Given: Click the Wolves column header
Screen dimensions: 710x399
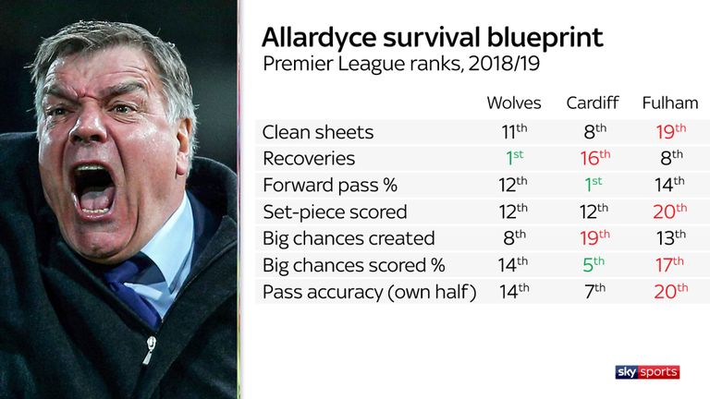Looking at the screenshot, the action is (x=514, y=103).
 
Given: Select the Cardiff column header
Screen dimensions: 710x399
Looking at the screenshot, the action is (x=593, y=103).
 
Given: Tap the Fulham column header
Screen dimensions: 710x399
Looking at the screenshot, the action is (x=670, y=103).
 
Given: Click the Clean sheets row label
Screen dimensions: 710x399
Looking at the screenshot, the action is (x=318, y=133).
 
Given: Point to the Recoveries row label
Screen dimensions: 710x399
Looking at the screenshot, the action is (x=309, y=159).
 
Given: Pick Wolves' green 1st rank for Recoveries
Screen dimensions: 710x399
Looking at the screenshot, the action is (x=515, y=158).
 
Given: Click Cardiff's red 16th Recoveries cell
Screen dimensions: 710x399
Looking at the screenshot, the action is (x=595, y=158).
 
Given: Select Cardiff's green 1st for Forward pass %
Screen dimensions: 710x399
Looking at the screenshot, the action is (x=594, y=184).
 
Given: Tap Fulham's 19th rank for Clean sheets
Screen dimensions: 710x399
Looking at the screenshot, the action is (x=671, y=132).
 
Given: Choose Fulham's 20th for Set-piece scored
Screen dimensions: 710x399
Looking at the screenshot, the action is (x=670, y=212).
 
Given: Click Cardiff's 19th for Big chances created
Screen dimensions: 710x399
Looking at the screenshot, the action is (x=595, y=237).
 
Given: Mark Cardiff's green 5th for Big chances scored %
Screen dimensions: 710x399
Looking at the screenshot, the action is (x=594, y=265).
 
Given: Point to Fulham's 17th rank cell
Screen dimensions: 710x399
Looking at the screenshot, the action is (x=669, y=265).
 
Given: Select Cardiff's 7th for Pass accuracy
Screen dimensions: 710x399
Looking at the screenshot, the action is (x=594, y=291).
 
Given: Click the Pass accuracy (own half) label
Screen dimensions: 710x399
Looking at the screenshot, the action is (x=370, y=292).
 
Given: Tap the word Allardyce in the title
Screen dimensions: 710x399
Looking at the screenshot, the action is (x=319, y=38).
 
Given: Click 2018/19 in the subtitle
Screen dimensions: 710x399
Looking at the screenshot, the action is (x=504, y=64).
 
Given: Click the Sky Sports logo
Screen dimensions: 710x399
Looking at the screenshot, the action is (x=647, y=372).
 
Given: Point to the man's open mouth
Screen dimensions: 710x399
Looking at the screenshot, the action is (x=93, y=189).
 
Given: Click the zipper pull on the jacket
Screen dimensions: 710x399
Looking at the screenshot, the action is (x=149, y=350).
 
